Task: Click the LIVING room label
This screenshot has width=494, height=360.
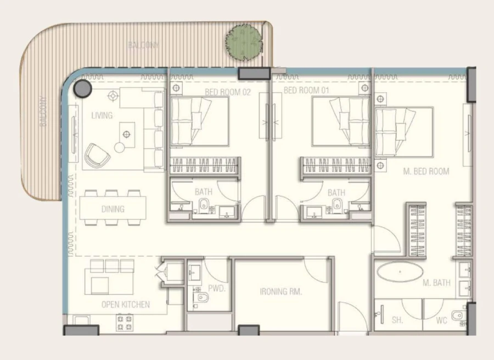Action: point(102,116)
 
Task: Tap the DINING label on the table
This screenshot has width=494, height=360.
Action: point(113,209)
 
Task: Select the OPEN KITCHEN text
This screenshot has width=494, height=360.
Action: point(125,305)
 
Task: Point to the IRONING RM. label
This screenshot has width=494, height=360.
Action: point(281,291)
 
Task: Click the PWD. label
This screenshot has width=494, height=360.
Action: point(214,288)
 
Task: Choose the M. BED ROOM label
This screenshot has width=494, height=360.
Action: point(426,171)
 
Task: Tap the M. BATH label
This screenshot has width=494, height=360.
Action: point(436,283)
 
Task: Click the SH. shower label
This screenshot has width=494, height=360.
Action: point(397,320)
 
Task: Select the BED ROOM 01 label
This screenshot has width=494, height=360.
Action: point(306,90)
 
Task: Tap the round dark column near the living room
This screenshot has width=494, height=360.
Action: point(83,87)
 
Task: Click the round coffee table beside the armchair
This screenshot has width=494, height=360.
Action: point(119,147)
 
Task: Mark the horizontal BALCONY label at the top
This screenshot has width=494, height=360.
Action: point(143,45)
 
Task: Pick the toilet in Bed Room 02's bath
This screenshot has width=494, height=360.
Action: point(204,206)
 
